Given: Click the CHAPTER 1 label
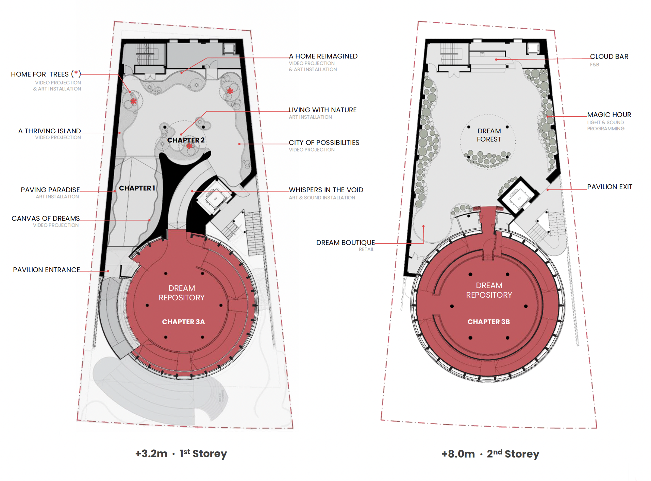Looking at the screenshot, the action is coord(137,188).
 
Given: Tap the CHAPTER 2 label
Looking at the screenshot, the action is coord(186,140).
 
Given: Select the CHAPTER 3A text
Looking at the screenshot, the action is coord(183,322).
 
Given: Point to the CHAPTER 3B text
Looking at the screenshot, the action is coord(489,322).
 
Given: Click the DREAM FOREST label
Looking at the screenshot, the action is coord(489,135).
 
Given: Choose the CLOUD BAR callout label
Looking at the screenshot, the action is coord(609,56).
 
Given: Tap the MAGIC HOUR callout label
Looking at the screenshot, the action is coord(609,115).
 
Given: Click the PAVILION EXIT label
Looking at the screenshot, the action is coord(610,187).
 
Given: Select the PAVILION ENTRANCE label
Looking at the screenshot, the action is coord(47,270).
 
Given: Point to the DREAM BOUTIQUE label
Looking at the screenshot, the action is coord(346,243).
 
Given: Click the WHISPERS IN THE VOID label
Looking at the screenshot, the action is coord(326,190).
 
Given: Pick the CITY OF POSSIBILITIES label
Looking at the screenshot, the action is coord(324,143).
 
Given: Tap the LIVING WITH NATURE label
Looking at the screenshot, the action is coord(323,110).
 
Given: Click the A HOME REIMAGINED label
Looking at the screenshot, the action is coord(323,56).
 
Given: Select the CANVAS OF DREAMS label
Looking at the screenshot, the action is coord(46,218).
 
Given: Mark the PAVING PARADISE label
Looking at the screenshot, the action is coord(50,190).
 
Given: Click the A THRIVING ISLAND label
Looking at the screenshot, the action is coord(50,131).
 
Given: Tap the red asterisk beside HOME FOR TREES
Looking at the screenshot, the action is coord(76,73).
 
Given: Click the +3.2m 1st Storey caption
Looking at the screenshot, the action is coord(181,453).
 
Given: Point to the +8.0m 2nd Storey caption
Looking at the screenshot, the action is coord(490,454).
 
